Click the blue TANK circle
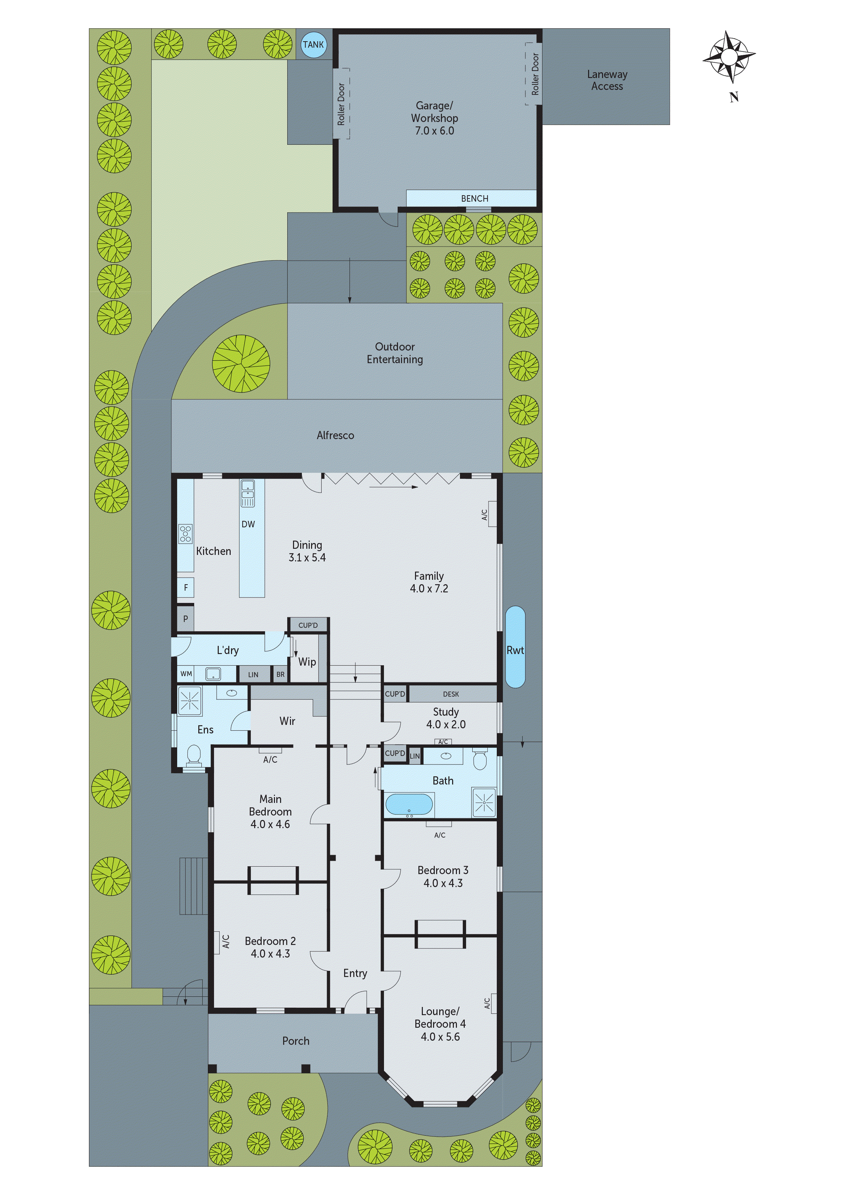[313, 45]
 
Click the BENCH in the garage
[474, 198]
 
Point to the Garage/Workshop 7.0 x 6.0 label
[434, 119]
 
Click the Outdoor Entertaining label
[395, 353]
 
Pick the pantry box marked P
[185, 619]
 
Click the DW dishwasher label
[248, 524]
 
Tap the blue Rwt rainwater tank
[516, 647]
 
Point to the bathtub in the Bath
[409, 805]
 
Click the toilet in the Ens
[194, 754]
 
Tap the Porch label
[296, 1041]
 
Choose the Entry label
[355, 973]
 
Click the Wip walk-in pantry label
[307, 662]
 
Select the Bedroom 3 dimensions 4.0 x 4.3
[443, 883]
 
